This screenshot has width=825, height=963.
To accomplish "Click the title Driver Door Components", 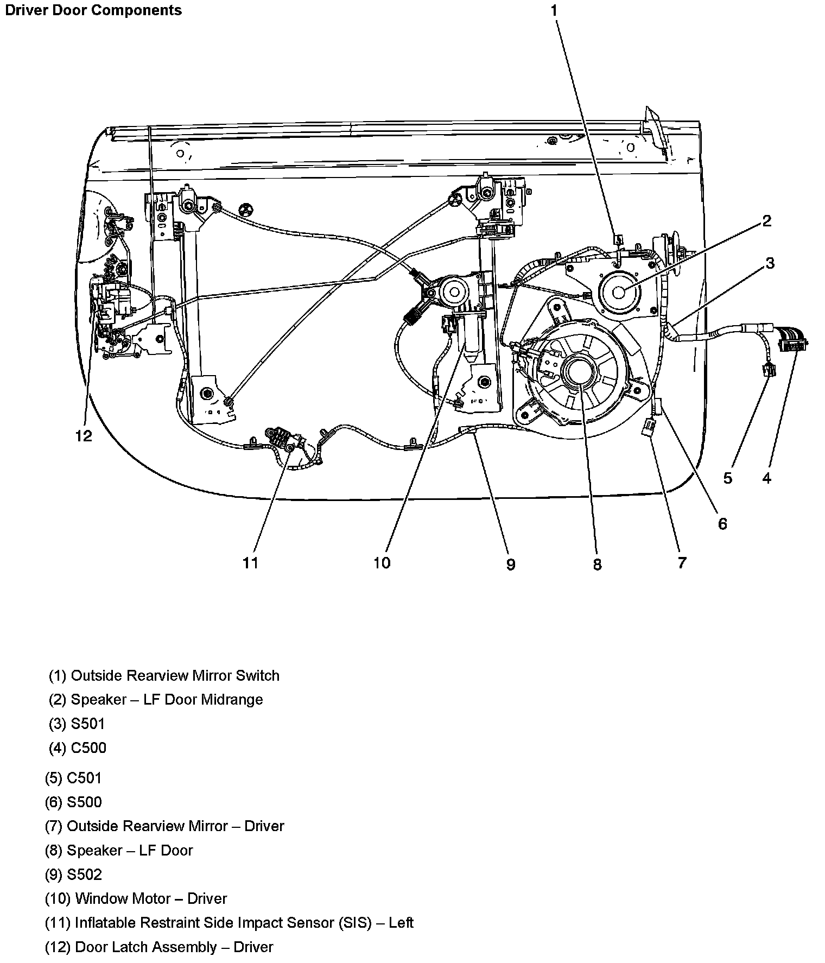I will coord(93,10).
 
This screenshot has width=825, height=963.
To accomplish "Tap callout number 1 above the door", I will coord(554,10).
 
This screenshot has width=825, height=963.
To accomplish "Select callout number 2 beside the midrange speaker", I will coord(766,220).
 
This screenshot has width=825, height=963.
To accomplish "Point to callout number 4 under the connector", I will coord(766,478).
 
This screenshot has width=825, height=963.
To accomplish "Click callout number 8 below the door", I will coord(597,565).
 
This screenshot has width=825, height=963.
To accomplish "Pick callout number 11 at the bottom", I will coord(250,563).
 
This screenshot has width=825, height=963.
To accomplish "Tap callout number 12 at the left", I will coord(84,435).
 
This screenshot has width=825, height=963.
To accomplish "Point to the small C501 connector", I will coord(769,370).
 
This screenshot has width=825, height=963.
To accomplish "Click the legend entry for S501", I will coord(77,724).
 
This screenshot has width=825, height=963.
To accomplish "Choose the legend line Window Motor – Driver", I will coord(136,898).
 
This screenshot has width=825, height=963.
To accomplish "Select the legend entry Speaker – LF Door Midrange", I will coord(156,699).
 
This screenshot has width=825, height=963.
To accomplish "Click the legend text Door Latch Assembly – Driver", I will coord(158,947).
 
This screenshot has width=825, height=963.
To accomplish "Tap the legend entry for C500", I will coord(78,747).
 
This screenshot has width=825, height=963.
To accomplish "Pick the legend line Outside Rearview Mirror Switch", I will coord(164,675).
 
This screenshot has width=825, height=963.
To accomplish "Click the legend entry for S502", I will coord(73,874).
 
